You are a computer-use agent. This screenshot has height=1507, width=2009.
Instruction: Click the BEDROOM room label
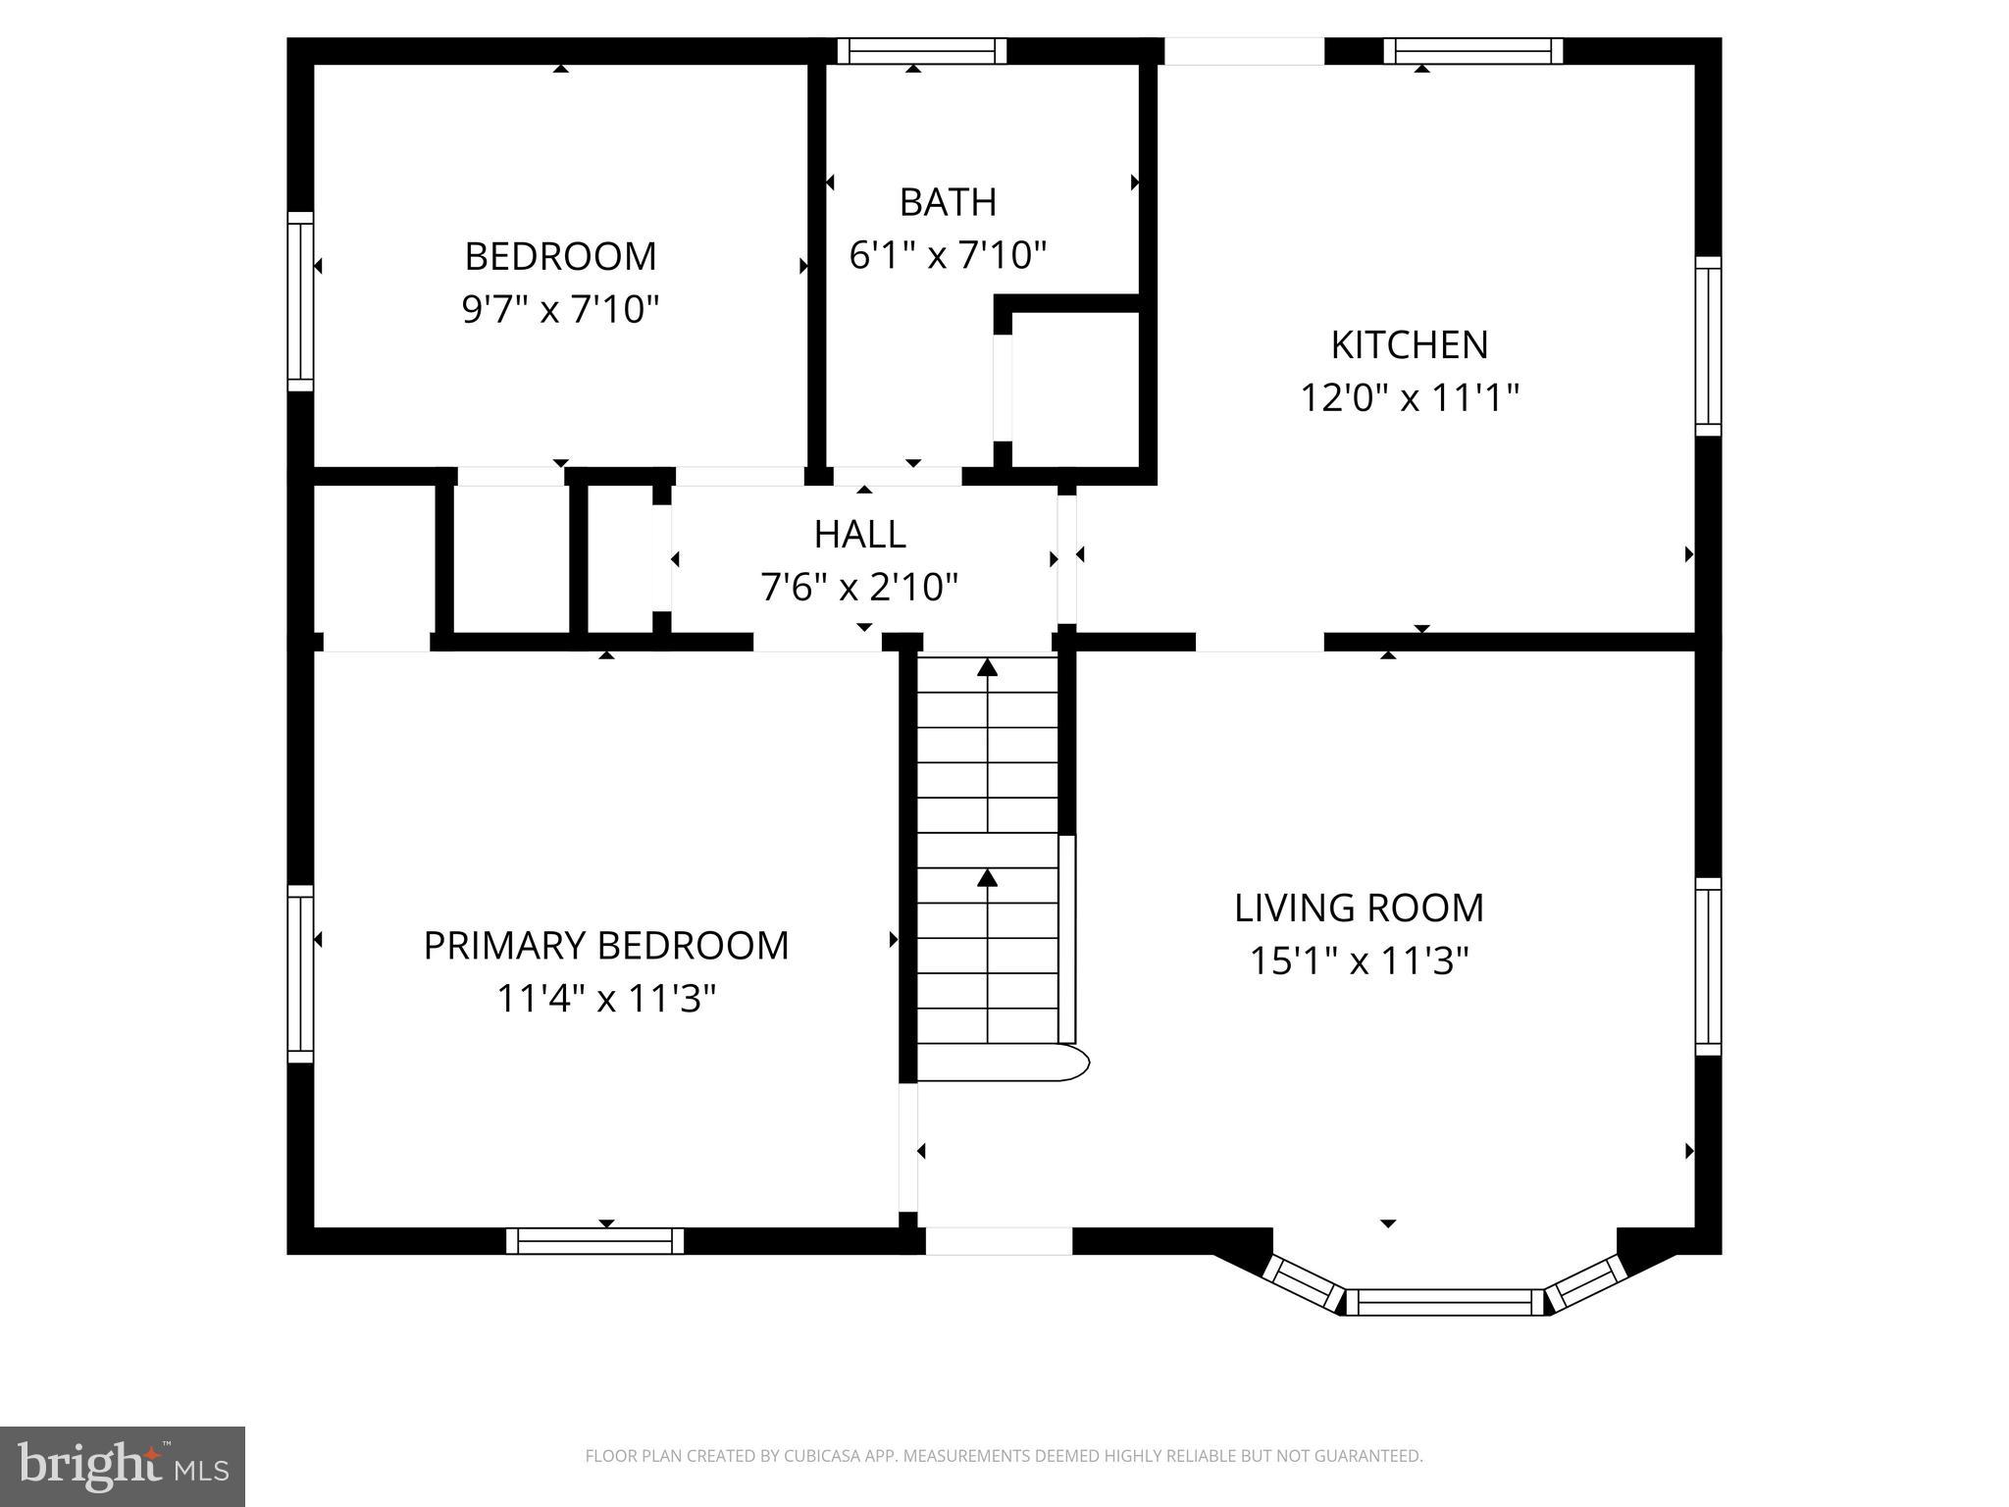(x=560, y=256)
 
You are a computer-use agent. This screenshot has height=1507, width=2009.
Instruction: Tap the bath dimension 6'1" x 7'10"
(x=948, y=255)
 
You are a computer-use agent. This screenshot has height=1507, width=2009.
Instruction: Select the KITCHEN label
(x=1409, y=344)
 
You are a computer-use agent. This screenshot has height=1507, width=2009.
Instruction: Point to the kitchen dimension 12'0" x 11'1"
(x=1409, y=398)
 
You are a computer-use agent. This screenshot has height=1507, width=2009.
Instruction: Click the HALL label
(x=859, y=534)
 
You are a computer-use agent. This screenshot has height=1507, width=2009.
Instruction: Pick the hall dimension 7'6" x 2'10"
(x=859, y=588)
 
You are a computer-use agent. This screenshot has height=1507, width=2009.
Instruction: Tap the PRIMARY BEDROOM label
(x=605, y=945)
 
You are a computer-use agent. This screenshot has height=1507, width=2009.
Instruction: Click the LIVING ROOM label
(x=1359, y=908)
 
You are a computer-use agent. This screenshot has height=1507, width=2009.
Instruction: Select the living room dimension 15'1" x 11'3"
(x=1359, y=961)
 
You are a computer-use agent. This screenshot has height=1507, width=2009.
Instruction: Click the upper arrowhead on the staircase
(x=988, y=668)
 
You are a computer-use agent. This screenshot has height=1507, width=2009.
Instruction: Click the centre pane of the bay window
(x=1443, y=1302)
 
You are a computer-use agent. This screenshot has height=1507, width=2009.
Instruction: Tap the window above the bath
(x=922, y=51)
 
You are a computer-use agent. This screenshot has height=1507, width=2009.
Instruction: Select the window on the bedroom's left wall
(x=300, y=301)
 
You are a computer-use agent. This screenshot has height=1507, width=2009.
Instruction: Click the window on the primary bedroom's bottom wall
(x=594, y=1241)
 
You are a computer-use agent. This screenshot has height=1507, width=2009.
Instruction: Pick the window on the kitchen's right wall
(x=1708, y=346)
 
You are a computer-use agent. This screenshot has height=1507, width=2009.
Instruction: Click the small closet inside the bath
(x=1074, y=390)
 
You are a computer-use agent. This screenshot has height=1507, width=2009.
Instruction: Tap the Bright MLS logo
(x=122, y=1466)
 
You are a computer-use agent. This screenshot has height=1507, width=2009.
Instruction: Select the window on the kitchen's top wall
(x=1472, y=51)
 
